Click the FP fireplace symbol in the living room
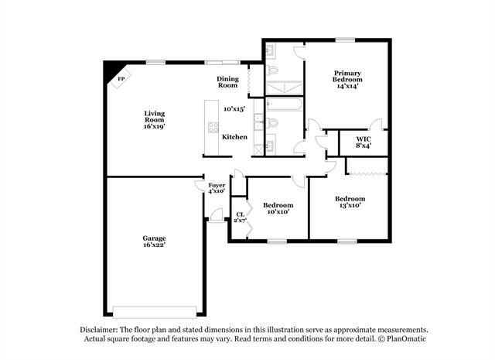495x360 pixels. (x=120, y=79)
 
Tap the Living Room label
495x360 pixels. (x=154, y=119)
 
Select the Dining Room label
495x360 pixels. (x=227, y=81)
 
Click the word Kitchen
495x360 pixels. (x=234, y=137)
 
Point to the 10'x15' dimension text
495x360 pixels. (x=234, y=109)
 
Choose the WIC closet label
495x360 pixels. (x=364, y=142)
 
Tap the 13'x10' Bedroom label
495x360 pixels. (x=350, y=203)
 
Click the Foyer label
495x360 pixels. (x=217, y=187)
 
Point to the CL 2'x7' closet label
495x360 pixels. (x=240, y=218)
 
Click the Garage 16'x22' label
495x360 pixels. (x=153, y=242)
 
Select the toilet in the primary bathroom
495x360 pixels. (x=271, y=70)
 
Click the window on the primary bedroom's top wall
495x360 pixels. (x=344, y=39)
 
